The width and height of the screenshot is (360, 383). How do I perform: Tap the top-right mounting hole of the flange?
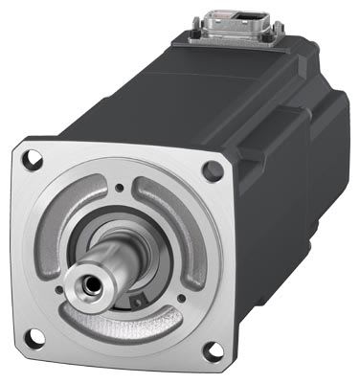(212, 169)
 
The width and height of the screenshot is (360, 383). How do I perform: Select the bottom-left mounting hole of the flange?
(35, 335)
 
